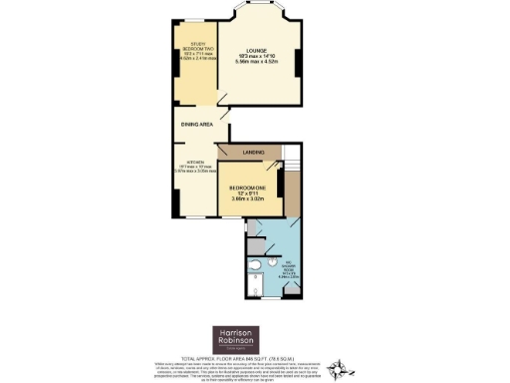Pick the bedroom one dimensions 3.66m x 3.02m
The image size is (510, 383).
click(248, 198)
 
